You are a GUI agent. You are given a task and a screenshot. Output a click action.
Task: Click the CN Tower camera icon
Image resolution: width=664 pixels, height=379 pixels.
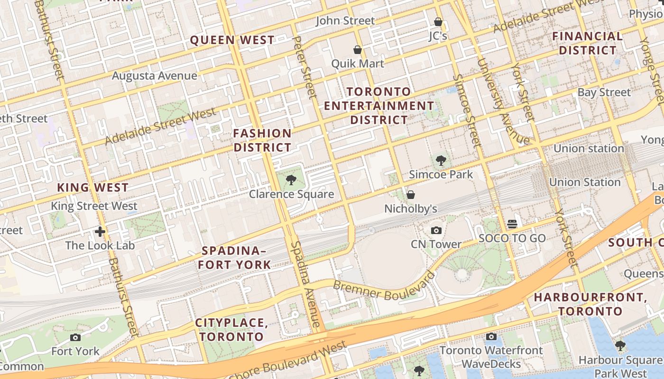tap(436, 231)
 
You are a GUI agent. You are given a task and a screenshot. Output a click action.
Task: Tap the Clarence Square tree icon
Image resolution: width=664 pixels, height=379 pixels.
tap(291, 180)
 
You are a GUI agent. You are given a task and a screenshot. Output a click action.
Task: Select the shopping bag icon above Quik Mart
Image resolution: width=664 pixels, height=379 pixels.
tap(358, 50)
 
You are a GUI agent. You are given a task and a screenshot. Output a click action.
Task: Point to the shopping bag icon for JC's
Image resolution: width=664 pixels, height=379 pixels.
tap(438, 22)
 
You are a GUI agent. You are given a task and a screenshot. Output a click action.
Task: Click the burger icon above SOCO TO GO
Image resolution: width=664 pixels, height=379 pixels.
tap(512, 224)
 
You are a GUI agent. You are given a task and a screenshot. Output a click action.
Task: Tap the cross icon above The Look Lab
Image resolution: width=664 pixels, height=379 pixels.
tap(100, 232)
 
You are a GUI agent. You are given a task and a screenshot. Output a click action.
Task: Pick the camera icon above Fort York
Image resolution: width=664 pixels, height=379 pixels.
tap(75, 338)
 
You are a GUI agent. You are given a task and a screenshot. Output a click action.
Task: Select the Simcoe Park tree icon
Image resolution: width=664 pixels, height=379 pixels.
tap(441, 160)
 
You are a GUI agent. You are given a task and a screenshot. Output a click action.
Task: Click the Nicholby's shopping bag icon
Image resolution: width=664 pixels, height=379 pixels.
tap(411, 195)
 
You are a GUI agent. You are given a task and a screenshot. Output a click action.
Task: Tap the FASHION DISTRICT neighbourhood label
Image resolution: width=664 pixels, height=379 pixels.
tap(262, 140)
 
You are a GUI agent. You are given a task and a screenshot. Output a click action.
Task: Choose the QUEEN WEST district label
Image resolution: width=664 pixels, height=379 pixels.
tap(232, 40)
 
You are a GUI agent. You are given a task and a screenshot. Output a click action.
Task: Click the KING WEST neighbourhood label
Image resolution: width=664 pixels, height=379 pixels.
tap(93, 188)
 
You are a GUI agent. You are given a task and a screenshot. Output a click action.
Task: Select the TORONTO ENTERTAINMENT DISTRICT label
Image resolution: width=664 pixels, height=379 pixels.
tap(379, 106)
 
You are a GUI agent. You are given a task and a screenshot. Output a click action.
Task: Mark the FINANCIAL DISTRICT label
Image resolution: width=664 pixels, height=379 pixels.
tap(587, 43)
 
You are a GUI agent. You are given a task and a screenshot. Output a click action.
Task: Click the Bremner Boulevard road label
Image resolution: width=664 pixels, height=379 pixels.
tap(383, 287)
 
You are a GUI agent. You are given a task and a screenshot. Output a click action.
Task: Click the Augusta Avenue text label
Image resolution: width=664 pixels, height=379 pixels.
tap(155, 76)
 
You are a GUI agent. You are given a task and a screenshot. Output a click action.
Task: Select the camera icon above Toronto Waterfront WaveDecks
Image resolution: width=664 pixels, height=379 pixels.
tap(491, 337)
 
